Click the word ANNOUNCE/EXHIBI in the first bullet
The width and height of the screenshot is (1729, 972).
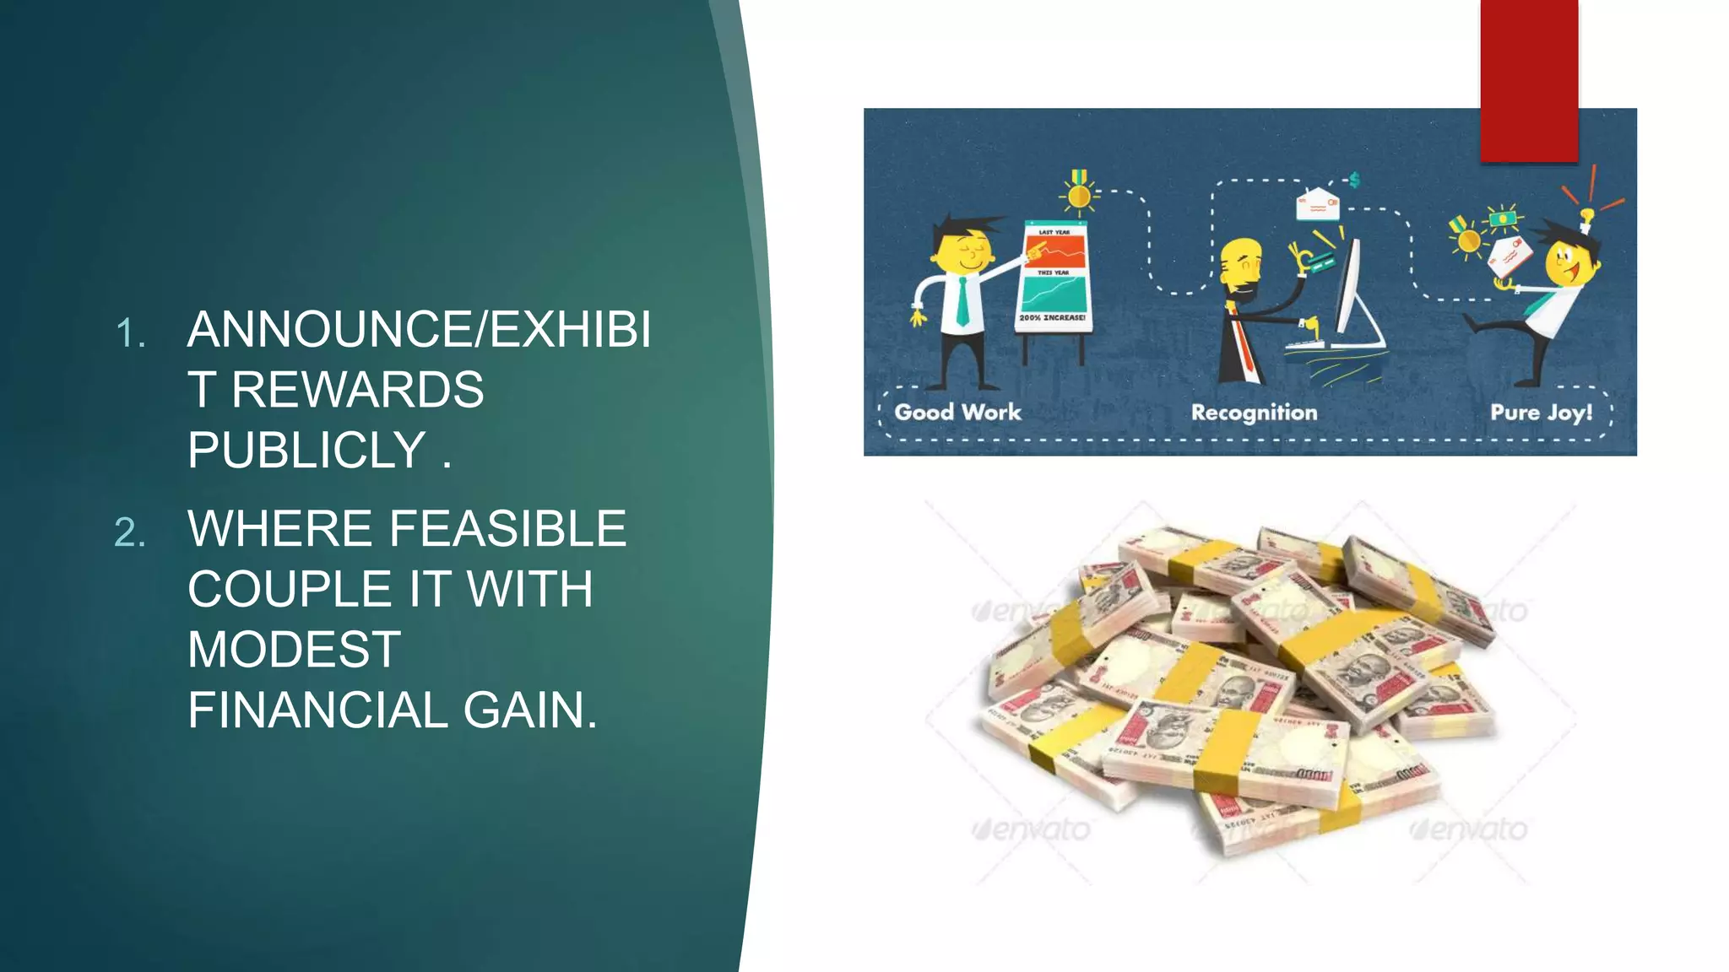click(x=419, y=329)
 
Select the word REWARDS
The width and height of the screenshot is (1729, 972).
click(x=357, y=390)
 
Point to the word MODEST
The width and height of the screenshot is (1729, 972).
click(x=294, y=649)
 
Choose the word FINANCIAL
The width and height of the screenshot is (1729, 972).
click(x=317, y=710)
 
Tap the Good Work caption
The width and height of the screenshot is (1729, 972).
click(x=957, y=412)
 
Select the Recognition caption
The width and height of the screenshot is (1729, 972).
click(x=1254, y=413)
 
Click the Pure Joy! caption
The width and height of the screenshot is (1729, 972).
click(x=1541, y=413)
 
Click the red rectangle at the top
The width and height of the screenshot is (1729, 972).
click(x=1528, y=80)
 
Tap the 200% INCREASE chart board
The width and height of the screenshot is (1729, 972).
click(x=1053, y=278)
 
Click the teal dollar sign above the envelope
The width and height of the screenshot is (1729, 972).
click(x=1354, y=180)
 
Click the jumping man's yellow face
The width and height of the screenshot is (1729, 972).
click(x=1569, y=264)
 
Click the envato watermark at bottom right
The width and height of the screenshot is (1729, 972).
click(x=1469, y=830)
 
